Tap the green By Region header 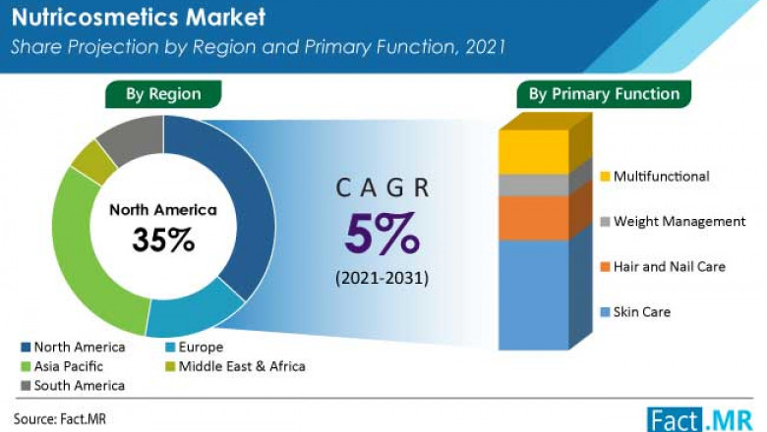point(162,94)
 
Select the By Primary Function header point(604,94)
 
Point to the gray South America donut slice point(131,138)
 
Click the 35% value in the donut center point(164,241)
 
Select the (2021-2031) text point(383,278)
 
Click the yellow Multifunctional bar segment point(533,152)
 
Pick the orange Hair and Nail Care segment point(533,218)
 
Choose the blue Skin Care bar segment point(533,295)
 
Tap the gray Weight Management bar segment point(533,186)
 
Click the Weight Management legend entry point(678,221)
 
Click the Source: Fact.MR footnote point(59,417)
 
